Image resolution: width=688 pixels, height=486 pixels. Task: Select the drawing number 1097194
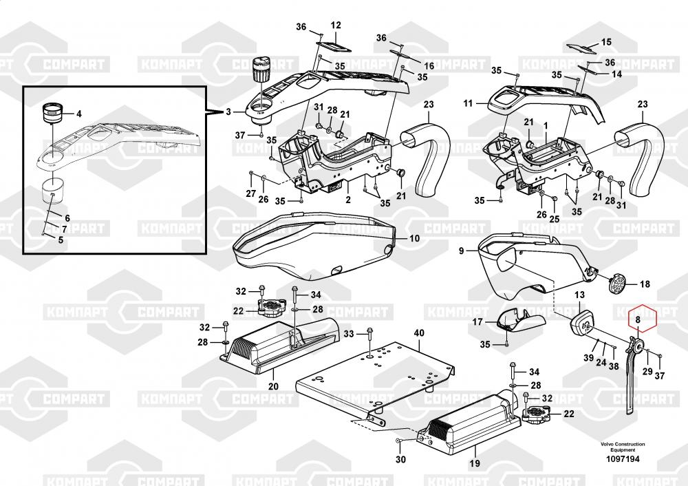pyautogui.click(x=623, y=459)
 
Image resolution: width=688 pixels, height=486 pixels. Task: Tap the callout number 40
pyautogui.click(x=419, y=332)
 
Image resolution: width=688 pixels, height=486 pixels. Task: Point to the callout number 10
pyautogui.click(x=415, y=238)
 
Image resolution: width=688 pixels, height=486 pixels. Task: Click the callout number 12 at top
pyautogui.click(x=336, y=25)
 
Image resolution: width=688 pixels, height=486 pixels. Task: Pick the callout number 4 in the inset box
pyautogui.click(x=79, y=114)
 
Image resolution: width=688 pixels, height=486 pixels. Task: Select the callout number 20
pyautogui.click(x=273, y=387)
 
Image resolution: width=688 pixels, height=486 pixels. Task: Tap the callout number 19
pyautogui.click(x=475, y=463)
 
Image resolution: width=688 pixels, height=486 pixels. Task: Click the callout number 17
pyautogui.click(x=477, y=321)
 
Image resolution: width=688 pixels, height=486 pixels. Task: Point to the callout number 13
pyautogui.click(x=579, y=295)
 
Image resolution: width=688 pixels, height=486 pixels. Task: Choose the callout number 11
pyautogui.click(x=468, y=103)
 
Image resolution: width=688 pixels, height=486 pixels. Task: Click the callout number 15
pyautogui.click(x=606, y=42)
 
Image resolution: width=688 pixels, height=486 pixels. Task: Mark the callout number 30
pyautogui.click(x=400, y=459)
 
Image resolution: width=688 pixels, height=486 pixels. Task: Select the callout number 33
pyautogui.click(x=348, y=334)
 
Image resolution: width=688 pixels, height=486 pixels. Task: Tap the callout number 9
pyautogui.click(x=461, y=251)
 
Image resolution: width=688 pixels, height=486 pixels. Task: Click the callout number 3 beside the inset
pyautogui.click(x=228, y=112)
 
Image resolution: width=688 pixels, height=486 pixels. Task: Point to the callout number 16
pyautogui.click(x=429, y=66)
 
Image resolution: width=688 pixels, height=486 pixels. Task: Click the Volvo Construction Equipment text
pyautogui.click(x=623, y=447)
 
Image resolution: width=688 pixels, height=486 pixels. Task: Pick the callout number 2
pyautogui.click(x=348, y=200)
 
